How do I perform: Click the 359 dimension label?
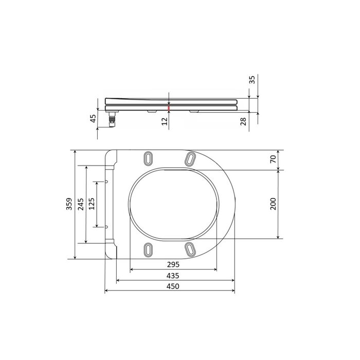(69, 204)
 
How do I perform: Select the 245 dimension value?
(81, 204)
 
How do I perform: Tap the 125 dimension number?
(92, 204)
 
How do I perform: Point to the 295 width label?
(173, 264)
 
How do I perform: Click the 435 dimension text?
(173, 276)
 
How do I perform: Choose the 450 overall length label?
(173, 286)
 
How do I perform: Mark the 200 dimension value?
(273, 204)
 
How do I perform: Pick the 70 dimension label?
(273, 159)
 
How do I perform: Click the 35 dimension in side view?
(252, 80)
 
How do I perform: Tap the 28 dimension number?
(243, 121)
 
